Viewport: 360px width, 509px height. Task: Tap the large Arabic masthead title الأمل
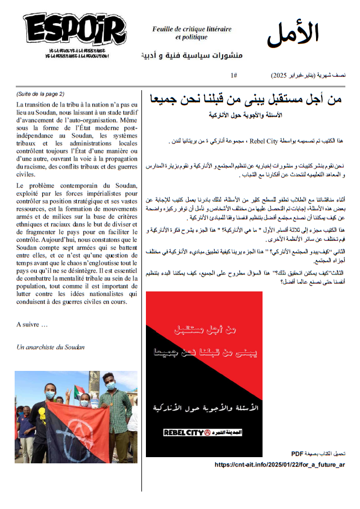(293, 34)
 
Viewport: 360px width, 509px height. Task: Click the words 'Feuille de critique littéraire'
(191, 29)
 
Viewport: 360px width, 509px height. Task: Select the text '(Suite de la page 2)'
(41, 94)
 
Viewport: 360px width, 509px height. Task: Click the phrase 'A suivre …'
(32, 324)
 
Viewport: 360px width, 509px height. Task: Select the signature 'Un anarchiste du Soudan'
(51, 347)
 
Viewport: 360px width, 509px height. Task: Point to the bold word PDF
(297, 453)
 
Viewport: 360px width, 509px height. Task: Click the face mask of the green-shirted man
(110, 386)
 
